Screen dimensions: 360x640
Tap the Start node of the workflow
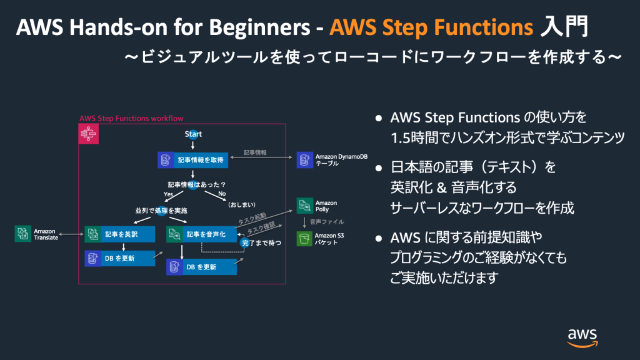[x=193, y=134]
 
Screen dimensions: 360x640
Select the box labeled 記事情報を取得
[x=192, y=160]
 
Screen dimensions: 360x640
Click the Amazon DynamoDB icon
[x=304, y=160]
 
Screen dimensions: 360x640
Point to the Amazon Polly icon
[x=304, y=206]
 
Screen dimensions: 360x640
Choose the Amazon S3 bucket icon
[x=304, y=239]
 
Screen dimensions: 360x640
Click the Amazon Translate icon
[x=22, y=234]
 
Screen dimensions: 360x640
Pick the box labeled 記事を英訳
[x=119, y=234]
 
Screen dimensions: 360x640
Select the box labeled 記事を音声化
[x=201, y=234]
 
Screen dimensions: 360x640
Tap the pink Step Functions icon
[x=88, y=134]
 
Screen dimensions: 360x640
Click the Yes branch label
[x=168, y=194]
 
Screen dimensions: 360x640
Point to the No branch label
[x=221, y=194]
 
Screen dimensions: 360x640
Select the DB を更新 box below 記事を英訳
[x=119, y=257]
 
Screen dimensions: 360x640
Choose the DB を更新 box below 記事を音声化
[x=201, y=267]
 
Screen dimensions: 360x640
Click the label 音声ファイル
[x=327, y=222]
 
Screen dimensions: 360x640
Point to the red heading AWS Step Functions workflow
[x=131, y=118]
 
